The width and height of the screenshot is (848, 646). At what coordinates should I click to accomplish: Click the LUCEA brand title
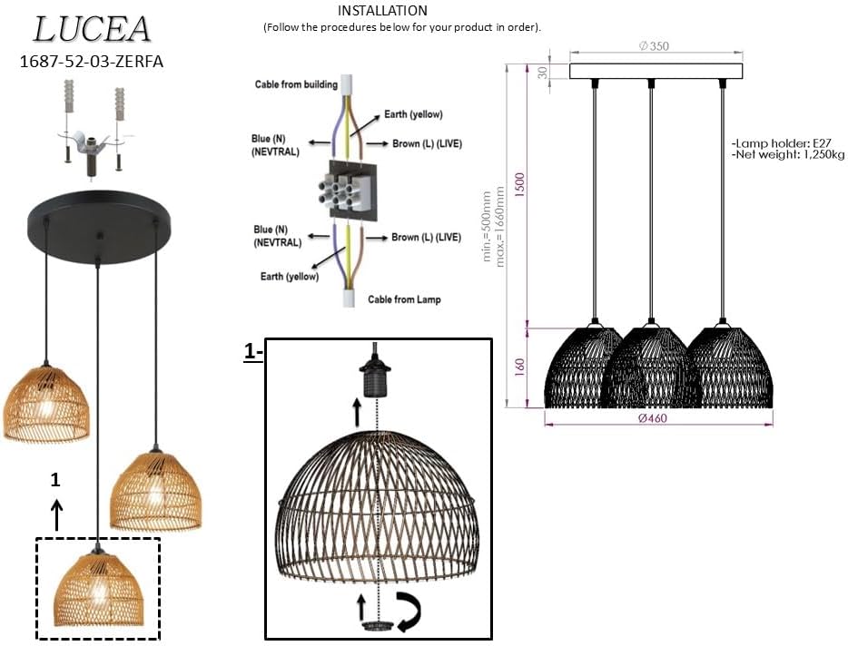(x=91, y=29)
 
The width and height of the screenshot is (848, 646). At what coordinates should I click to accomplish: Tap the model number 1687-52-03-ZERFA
(x=91, y=61)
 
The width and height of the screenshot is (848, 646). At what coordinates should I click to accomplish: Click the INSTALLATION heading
(x=382, y=10)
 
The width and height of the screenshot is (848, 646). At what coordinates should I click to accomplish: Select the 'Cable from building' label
(x=296, y=84)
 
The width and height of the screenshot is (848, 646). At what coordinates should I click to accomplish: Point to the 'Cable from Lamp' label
(x=404, y=299)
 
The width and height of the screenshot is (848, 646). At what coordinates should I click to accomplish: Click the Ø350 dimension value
(x=654, y=46)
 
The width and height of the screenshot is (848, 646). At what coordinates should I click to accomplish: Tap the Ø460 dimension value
(x=652, y=418)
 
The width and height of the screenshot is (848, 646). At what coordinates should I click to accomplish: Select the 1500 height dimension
(x=519, y=185)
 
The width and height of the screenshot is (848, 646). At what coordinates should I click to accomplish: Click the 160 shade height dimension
(x=519, y=367)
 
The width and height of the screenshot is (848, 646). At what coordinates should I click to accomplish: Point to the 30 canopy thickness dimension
(x=542, y=73)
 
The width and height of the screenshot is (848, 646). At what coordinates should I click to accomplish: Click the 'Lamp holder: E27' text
(x=781, y=143)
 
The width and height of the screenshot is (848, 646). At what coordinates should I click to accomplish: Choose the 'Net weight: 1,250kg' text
(x=787, y=154)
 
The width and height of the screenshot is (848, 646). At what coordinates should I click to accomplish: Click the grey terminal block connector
(x=346, y=191)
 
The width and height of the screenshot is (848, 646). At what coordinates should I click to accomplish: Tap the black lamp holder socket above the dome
(x=375, y=377)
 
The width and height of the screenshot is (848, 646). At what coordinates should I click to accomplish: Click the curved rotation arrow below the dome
(x=410, y=611)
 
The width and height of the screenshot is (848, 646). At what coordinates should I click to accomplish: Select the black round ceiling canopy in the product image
(x=100, y=226)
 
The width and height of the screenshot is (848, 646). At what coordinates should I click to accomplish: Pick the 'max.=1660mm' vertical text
(x=500, y=227)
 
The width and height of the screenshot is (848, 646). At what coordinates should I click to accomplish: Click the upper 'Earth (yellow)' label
(x=413, y=114)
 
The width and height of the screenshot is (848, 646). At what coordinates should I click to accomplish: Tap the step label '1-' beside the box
(x=253, y=352)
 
